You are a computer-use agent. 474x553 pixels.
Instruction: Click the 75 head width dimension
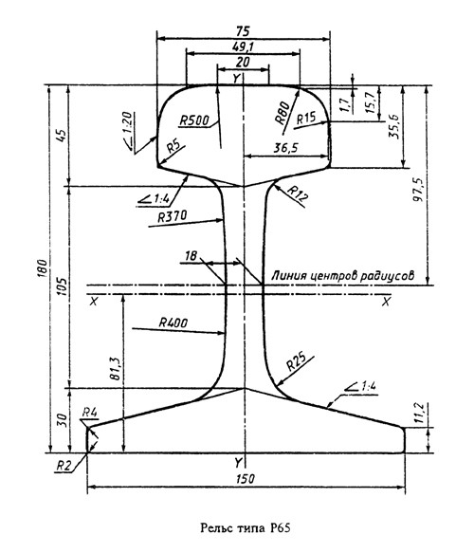pyautogui.click(x=244, y=31)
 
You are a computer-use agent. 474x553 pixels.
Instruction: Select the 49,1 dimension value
pyautogui.click(x=244, y=46)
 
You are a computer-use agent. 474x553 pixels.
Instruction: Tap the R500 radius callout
pyautogui.click(x=194, y=120)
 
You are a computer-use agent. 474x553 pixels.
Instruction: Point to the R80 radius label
pyautogui.click(x=283, y=113)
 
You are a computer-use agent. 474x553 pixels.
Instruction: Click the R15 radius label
pyautogui.click(x=306, y=119)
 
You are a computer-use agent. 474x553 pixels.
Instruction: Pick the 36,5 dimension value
pyautogui.click(x=285, y=148)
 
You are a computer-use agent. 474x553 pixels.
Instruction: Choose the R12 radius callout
pyautogui.click(x=298, y=194)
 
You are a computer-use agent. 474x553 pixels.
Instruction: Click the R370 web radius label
pyautogui.click(x=172, y=216)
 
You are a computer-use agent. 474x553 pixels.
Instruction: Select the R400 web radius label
pyautogui.click(x=173, y=323)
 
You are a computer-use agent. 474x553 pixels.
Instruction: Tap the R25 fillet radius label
pyautogui.click(x=296, y=361)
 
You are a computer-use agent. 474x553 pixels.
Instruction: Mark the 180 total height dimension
pyautogui.click(x=42, y=268)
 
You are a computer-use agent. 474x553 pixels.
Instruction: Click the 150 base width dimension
pyautogui.click(x=246, y=479)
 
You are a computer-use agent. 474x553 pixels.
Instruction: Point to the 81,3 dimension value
pyautogui.click(x=116, y=368)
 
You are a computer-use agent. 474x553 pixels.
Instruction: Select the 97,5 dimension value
pyautogui.click(x=418, y=190)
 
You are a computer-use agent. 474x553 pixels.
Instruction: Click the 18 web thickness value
pyautogui.click(x=191, y=256)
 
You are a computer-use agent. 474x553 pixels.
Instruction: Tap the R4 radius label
pyautogui.click(x=90, y=412)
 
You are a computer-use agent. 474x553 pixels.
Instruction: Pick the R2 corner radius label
pyautogui.click(x=64, y=466)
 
